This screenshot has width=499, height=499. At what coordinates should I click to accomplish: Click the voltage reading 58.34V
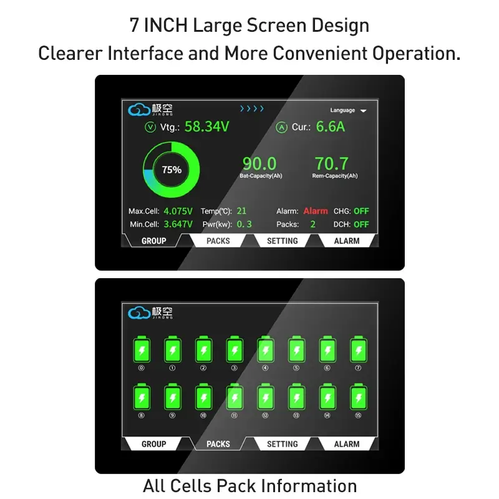coord(207,127)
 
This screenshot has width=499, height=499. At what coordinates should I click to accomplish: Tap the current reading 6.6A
coord(331,127)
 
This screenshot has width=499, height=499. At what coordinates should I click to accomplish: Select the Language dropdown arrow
coord(364,111)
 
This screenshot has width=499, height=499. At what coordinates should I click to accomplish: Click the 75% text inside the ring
coord(172,170)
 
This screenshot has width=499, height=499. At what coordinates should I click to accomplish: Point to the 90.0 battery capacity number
coord(259,163)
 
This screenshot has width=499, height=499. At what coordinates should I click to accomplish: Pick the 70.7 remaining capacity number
coord(332,163)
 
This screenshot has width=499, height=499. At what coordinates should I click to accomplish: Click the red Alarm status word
coord(316,211)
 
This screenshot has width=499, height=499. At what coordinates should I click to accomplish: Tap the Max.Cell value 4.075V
coord(178,211)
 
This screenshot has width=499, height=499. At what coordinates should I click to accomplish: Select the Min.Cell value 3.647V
coord(178,225)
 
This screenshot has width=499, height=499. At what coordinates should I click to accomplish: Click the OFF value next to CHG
coord(361,211)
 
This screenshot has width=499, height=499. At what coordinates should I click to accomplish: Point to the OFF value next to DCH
coord(361,225)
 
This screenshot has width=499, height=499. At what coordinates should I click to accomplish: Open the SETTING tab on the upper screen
coord(283,241)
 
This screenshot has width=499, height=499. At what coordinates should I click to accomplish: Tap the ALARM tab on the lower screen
coord(347,444)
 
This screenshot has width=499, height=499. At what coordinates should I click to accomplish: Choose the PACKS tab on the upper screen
coord(218,241)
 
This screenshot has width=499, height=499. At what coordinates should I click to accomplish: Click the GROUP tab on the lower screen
coord(153,444)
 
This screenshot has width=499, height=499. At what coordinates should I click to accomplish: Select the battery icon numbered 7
coord(358,349)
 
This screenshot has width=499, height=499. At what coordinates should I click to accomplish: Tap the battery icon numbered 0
coord(142,349)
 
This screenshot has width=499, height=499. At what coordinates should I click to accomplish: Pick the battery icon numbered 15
coord(358,397)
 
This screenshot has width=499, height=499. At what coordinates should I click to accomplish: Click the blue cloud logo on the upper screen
coord(138,110)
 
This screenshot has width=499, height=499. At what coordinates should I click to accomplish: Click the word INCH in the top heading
coord(166,25)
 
